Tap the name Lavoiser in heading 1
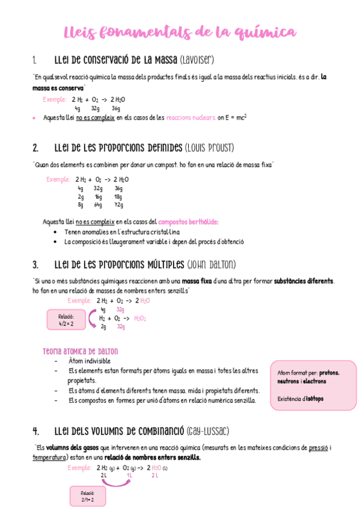[197, 60]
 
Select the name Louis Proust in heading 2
[210, 148]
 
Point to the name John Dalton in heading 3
[211, 265]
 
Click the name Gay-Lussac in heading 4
[208, 431]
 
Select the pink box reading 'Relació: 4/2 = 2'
[66, 319]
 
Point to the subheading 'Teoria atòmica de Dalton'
[81, 351]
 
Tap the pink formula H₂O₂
[140, 318]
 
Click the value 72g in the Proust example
[118, 205]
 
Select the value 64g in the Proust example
[98, 205]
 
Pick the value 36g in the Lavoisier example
[116, 109]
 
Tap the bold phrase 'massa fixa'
[199, 281]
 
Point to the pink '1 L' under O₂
[129, 475]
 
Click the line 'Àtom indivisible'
[90, 361]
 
